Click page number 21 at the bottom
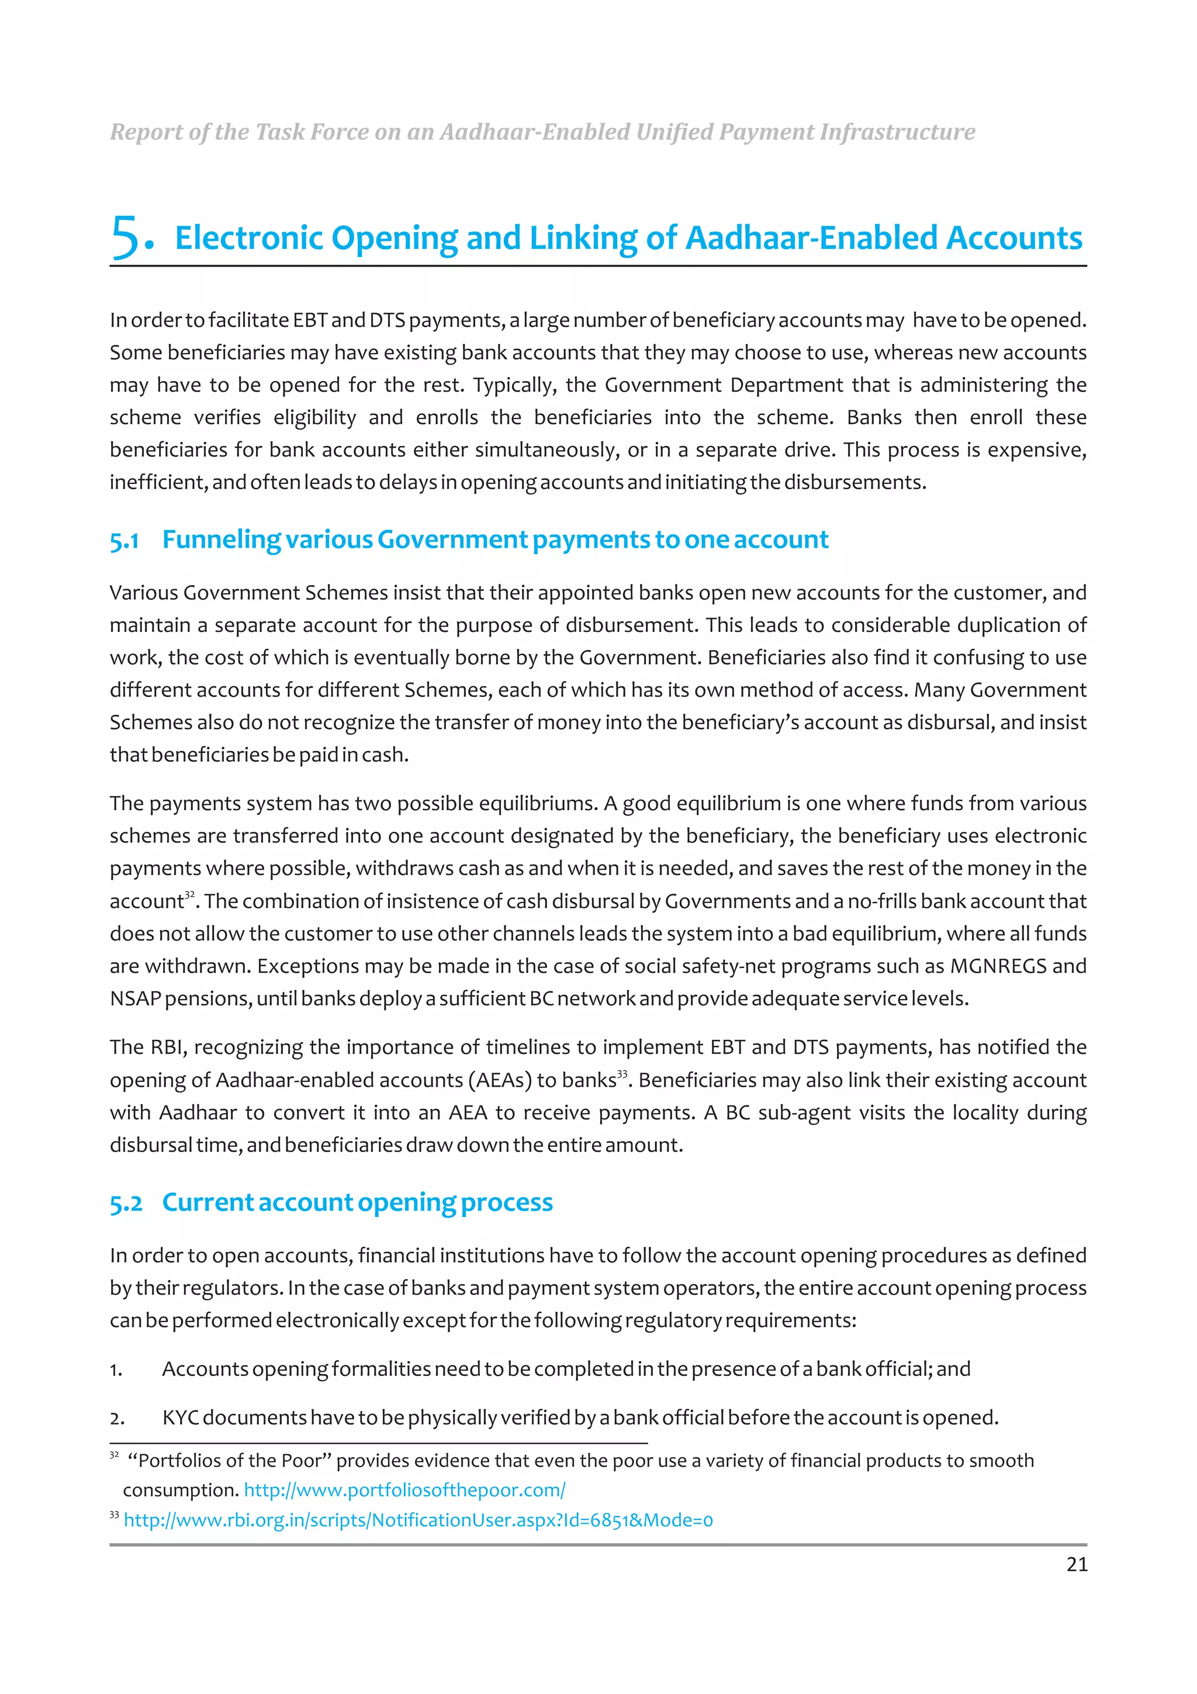[x=1076, y=1564]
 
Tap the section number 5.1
[x=124, y=541]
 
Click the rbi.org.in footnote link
[x=418, y=1520]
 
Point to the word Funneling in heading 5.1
[x=222, y=540]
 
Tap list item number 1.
[x=116, y=1371]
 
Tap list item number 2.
[x=116, y=1419]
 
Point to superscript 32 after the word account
[x=189, y=895]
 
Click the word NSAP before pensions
[x=135, y=998]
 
